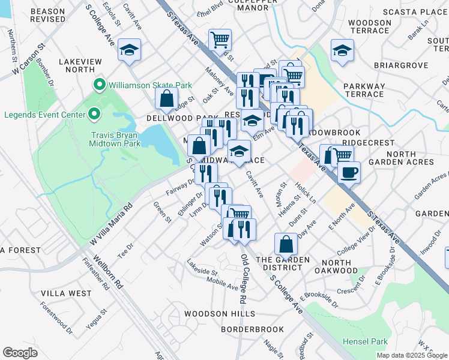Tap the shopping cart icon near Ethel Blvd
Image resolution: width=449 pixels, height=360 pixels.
tap(220, 40)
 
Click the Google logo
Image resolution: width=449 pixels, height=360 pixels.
tap(20, 352)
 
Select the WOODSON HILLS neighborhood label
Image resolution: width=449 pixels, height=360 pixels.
tap(219, 314)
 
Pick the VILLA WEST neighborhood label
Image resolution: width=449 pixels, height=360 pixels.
tap(66, 293)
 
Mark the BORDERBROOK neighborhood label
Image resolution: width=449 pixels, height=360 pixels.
tap(252, 329)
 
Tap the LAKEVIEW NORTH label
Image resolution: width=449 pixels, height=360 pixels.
tap(81, 65)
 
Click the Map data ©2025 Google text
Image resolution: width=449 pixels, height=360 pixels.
tap(411, 355)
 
